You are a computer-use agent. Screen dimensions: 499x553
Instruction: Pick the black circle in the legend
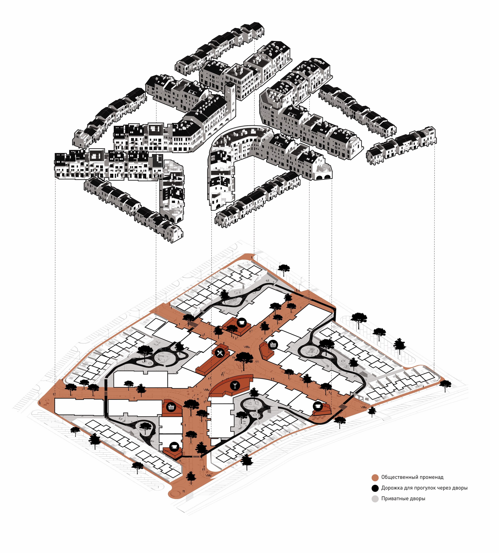tap(375, 488)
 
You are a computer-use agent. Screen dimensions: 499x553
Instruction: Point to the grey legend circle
tap(375, 499)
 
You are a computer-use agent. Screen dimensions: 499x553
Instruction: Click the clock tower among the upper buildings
tap(230, 101)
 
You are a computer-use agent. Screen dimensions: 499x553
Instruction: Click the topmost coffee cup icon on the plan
tap(242, 322)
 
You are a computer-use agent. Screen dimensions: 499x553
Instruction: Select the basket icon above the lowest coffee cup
tap(171, 407)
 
